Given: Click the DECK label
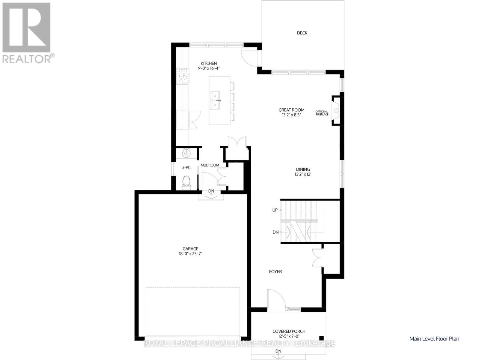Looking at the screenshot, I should pyautogui.click(x=302, y=33).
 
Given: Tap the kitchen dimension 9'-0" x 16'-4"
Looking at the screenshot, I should pyautogui.click(x=209, y=68).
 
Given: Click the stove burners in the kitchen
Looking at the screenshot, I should pyautogui.click(x=183, y=76).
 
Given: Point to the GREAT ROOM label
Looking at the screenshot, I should pyautogui.click(x=291, y=110).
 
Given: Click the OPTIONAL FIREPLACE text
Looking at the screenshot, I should pyautogui.click(x=322, y=113).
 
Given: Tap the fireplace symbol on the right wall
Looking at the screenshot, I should pyautogui.click(x=336, y=111).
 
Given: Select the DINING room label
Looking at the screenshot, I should pyautogui.click(x=303, y=169).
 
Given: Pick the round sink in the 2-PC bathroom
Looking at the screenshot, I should pyautogui.click(x=186, y=154).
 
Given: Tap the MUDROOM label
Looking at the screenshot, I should pyautogui.click(x=210, y=165).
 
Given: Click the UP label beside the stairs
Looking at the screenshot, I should pyautogui.click(x=275, y=210).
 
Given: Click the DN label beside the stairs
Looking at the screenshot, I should pyautogui.click(x=275, y=232).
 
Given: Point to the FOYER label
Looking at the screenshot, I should pyautogui.click(x=275, y=272).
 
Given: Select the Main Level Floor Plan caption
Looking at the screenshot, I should pyautogui.click(x=434, y=339).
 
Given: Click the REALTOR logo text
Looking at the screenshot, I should pyautogui.click(x=27, y=59).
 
